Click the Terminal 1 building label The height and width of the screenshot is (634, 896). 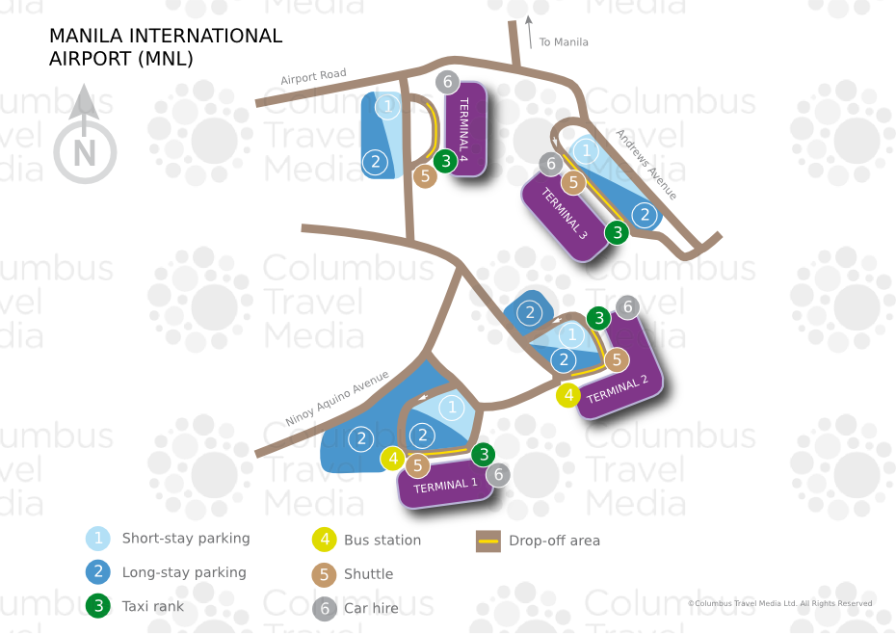coord(446,488)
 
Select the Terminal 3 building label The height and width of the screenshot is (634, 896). coord(565,214)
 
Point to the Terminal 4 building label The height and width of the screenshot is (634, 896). coord(464,129)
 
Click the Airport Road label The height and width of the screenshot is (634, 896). coord(313,77)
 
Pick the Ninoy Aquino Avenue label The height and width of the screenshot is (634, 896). coord(337,398)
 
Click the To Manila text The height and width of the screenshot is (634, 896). coord(564,42)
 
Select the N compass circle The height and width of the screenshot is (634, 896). coord(85,152)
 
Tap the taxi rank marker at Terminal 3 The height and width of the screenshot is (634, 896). coord(617,232)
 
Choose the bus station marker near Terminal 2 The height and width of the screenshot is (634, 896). coord(569,394)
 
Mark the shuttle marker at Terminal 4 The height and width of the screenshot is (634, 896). coord(425,176)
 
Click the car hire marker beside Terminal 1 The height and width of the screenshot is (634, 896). coord(498,474)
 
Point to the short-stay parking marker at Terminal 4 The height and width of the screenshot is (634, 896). coord(387,106)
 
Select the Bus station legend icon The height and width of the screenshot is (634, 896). coord(326,541)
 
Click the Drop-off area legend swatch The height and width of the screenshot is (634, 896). coord(488,541)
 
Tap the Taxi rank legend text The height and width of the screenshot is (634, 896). coord(152,606)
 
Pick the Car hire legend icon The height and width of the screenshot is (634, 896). coord(326,608)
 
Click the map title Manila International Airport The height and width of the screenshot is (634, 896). coord(166,47)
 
